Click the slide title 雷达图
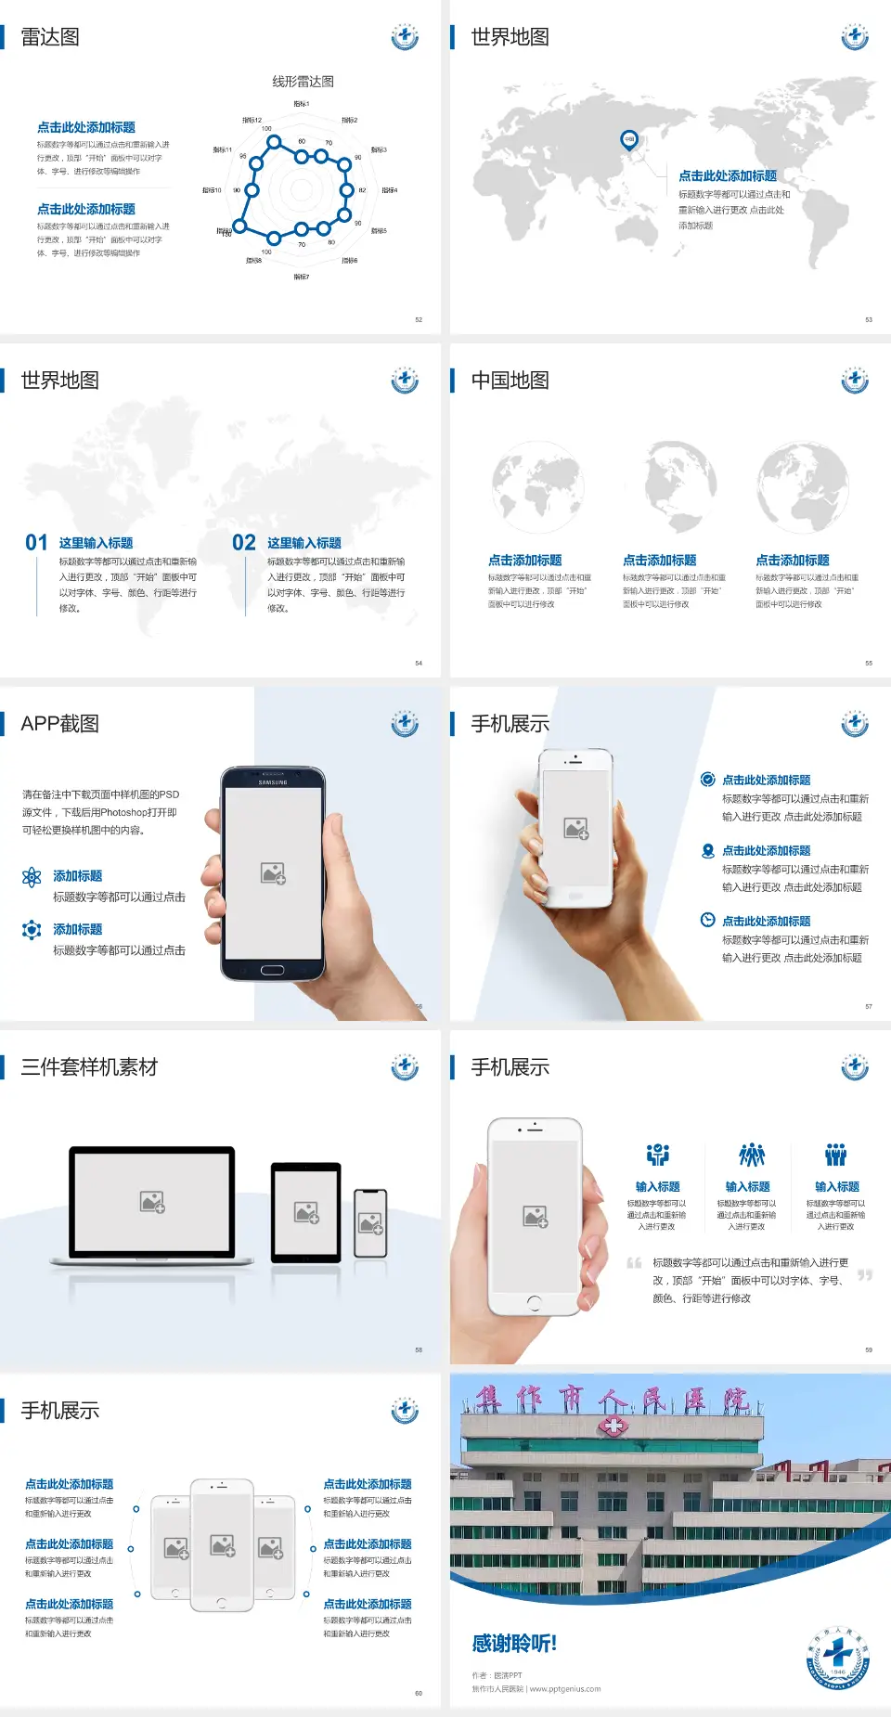pyautogui.click(x=50, y=37)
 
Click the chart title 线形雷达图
pyautogui.click(x=303, y=82)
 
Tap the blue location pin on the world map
pyautogui.click(x=629, y=140)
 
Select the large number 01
pyautogui.click(x=36, y=543)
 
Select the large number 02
pyautogui.click(x=244, y=543)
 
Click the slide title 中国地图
pyautogui.click(x=510, y=381)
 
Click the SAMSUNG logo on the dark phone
pyautogui.click(x=273, y=782)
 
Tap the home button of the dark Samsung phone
pyautogui.click(x=272, y=970)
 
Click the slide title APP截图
pyautogui.click(x=60, y=724)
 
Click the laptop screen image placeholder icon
pyautogui.click(x=152, y=1202)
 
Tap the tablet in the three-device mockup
pyautogui.click(x=306, y=1212)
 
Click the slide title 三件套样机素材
pyautogui.click(x=89, y=1067)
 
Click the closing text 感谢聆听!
pyautogui.click(x=514, y=1644)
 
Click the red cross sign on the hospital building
pyautogui.click(x=613, y=1427)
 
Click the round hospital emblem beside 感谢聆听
pyautogui.click(x=838, y=1659)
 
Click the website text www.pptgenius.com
pyautogui.click(x=565, y=1689)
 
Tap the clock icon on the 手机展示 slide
pyautogui.click(x=707, y=920)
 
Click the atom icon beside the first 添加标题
pyautogui.click(x=32, y=877)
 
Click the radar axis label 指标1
pyautogui.click(x=302, y=104)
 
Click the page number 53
pyautogui.click(x=869, y=319)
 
